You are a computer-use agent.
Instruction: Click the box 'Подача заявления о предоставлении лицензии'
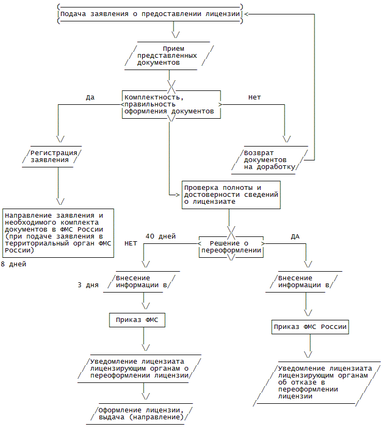[x=149, y=14]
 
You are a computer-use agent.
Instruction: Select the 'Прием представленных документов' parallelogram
[x=169, y=56]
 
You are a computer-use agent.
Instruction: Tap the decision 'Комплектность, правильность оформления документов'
[x=169, y=104]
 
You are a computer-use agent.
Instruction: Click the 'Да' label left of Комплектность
[x=90, y=97]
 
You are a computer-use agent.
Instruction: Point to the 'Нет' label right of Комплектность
[x=255, y=97]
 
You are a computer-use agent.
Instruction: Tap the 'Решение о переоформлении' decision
[x=231, y=247]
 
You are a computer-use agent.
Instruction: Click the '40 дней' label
[x=161, y=236]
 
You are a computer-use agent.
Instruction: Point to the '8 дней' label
[x=13, y=264]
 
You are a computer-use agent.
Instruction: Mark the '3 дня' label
[x=88, y=285]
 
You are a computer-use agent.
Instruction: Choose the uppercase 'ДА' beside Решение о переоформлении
[x=295, y=236]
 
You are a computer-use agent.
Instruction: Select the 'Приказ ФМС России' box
[x=310, y=327]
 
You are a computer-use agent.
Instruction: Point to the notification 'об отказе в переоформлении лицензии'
[x=319, y=382]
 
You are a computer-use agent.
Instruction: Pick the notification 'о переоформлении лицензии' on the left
[x=140, y=368]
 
